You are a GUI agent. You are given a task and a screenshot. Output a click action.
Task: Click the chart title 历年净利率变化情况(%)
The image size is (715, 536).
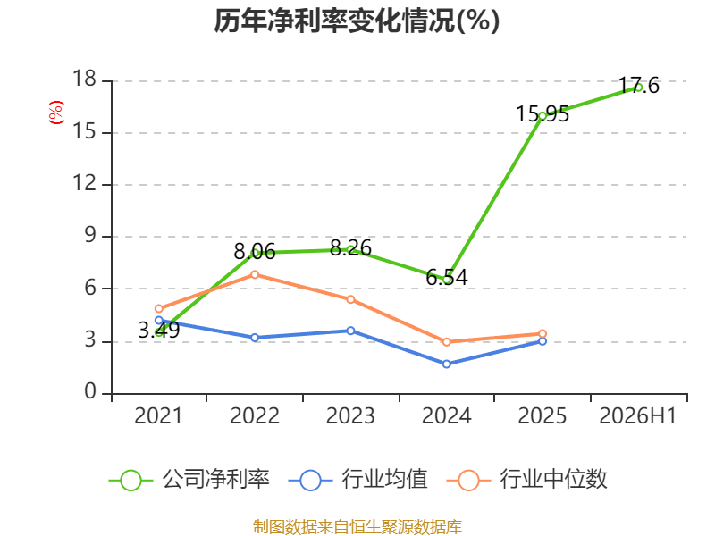357,21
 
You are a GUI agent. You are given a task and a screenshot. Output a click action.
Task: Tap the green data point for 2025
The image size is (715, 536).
543,116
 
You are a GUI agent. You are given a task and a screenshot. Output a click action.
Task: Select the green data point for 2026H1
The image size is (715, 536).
638,88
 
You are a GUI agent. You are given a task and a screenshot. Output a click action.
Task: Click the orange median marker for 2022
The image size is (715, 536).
255,274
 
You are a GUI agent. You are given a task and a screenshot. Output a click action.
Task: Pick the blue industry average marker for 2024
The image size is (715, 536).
446,364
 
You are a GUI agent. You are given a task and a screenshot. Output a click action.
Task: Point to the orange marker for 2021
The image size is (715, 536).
159,308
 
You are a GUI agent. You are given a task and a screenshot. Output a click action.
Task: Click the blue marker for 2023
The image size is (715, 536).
350,331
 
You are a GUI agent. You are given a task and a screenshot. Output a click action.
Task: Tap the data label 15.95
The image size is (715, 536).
543,114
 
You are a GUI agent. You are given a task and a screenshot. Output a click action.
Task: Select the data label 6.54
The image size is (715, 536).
446,277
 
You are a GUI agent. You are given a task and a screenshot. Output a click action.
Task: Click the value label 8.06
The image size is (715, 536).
255,252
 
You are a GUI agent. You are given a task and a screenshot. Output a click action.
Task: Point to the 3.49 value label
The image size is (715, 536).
159,330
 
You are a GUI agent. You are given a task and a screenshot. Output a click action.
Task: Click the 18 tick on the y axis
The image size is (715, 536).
85,79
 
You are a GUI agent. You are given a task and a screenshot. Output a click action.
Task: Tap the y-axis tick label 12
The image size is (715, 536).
85,183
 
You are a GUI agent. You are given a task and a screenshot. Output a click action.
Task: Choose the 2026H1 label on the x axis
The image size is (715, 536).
638,415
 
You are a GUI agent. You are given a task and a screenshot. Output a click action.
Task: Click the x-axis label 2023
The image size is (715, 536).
350,415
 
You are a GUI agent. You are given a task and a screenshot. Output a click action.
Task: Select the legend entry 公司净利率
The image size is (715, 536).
189,480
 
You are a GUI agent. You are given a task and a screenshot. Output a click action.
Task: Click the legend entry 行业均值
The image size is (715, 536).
358,480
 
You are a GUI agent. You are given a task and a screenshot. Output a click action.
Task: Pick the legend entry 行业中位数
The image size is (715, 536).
527,480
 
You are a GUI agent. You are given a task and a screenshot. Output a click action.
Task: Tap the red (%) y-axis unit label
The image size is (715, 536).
56,113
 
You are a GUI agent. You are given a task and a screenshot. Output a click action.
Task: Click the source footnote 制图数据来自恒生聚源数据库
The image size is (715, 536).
357,527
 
